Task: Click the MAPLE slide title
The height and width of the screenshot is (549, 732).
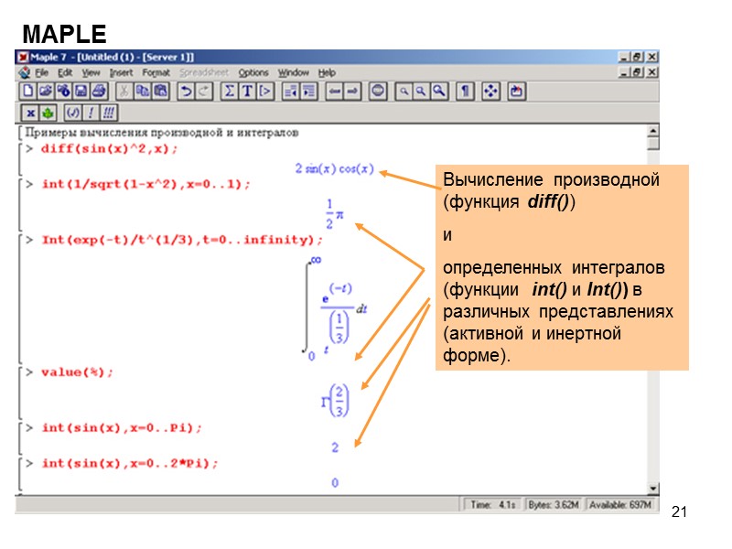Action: (x=65, y=35)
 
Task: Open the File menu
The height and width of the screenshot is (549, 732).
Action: (x=41, y=72)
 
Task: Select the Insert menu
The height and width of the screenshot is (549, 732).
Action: (x=121, y=72)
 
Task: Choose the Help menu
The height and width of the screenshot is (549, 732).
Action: (x=327, y=72)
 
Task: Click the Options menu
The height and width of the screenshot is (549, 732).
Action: (x=253, y=72)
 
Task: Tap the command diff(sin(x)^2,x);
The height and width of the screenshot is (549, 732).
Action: (x=110, y=148)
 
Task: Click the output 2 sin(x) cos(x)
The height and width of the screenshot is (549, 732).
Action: (x=334, y=168)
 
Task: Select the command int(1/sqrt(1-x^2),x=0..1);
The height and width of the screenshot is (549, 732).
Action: (x=145, y=184)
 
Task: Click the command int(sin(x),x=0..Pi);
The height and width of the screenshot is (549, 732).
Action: (x=122, y=427)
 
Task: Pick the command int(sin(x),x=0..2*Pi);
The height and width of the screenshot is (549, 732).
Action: (x=130, y=463)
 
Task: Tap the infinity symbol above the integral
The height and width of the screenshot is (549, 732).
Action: (x=317, y=261)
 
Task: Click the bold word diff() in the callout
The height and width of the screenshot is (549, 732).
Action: (x=549, y=201)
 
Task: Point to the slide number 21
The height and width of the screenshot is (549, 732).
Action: (x=678, y=510)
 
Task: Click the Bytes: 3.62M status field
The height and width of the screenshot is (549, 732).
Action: (x=551, y=504)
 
